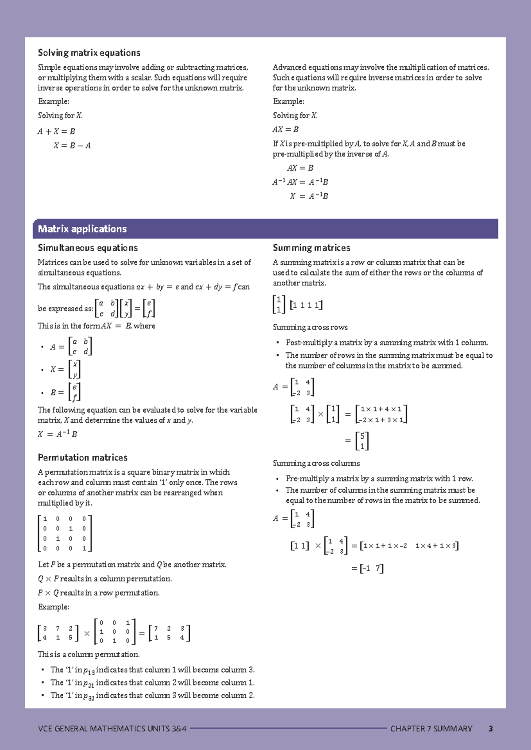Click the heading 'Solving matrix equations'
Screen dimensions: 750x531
click(89, 53)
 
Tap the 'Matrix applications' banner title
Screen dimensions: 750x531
click(82, 229)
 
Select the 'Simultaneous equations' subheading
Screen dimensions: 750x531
click(88, 248)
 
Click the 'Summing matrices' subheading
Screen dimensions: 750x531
click(312, 248)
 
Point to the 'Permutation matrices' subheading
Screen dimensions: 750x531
click(82, 458)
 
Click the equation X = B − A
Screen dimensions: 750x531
click(72, 145)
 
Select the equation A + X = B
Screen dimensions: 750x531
click(57, 131)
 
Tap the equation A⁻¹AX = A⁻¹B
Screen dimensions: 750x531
click(300, 182)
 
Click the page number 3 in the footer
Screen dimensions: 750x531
click(490, 729)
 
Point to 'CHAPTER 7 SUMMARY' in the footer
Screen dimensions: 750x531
click(431, 729)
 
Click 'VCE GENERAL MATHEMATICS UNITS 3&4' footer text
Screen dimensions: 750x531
click(112, 729)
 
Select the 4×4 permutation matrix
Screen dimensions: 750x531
click(65, 533)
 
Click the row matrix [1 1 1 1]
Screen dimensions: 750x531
click(306, 305)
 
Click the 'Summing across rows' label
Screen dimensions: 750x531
click(310, 327)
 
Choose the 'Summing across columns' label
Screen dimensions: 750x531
click(316, 463)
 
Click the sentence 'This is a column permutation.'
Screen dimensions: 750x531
click(89, 654)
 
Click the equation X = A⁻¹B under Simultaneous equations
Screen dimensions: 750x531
click(58, 434)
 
